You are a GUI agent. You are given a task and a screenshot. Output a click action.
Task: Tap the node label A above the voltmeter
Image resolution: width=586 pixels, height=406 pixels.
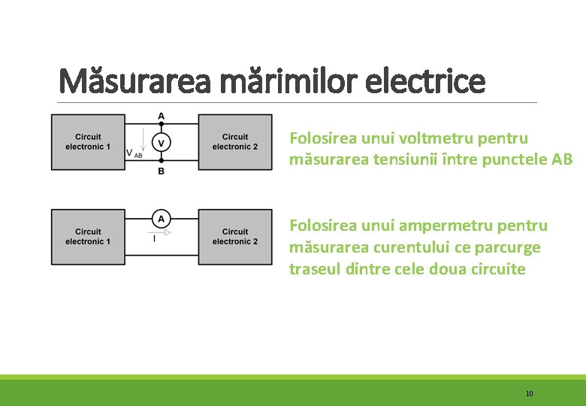[161, 117]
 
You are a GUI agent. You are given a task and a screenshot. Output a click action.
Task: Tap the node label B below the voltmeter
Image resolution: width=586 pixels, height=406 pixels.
[161, 171]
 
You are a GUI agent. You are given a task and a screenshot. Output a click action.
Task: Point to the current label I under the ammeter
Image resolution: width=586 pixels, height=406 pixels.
[154, 239]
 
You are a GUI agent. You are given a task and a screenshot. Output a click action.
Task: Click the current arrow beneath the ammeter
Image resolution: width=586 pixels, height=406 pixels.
[162, 232]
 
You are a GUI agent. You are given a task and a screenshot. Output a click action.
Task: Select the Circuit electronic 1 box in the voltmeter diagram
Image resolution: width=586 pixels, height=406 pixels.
[88, 142]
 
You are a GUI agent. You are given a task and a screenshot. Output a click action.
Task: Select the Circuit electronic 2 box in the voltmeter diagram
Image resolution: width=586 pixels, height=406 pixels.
[235, 142]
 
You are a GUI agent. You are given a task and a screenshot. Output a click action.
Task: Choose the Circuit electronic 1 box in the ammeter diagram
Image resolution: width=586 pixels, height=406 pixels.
[88, 237]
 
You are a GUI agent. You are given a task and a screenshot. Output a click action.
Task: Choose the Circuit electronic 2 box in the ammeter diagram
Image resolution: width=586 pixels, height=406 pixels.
[235, 237]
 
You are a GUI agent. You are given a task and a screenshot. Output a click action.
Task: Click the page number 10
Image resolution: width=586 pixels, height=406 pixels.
[530, 393]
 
